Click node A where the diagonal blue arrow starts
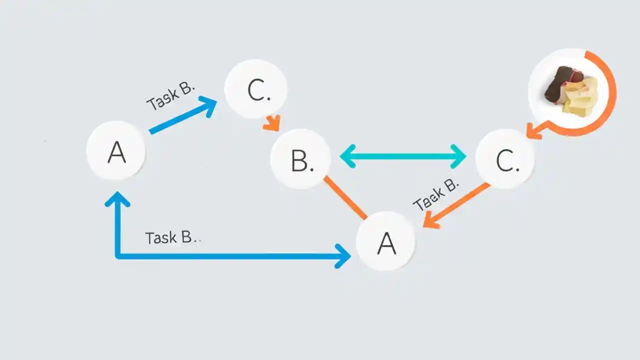click(x=116, y=151)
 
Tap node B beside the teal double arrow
click(x=300, y=159)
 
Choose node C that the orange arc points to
click(x=505, y=159)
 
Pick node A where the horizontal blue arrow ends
click(x=385, y=241)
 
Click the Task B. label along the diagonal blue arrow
click(x=170, y=96)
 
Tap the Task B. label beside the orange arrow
click(x=436, y=195)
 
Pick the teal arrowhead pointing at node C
click(x=458, y=156)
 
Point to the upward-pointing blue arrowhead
click(x=117, y=199)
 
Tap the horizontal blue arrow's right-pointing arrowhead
click(x=343, y=256)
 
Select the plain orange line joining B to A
click(x=345, y=197)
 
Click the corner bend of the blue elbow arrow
click(x=118, y=256)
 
